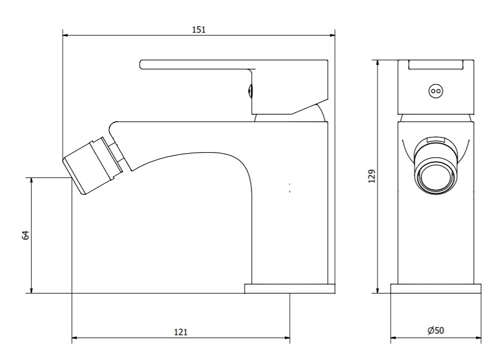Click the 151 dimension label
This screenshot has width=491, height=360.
(199, 30)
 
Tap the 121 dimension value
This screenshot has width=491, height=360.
(181, 332)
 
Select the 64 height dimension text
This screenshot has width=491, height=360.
(25, 235)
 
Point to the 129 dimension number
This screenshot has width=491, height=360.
(371, 176)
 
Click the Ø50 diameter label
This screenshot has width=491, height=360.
(436, 330)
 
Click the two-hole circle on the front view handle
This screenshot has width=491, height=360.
(436, 91)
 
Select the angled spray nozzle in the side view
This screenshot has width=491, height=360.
(93, 166)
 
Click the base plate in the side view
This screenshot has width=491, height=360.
(290, 288)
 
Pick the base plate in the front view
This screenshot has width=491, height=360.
(436, 288)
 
